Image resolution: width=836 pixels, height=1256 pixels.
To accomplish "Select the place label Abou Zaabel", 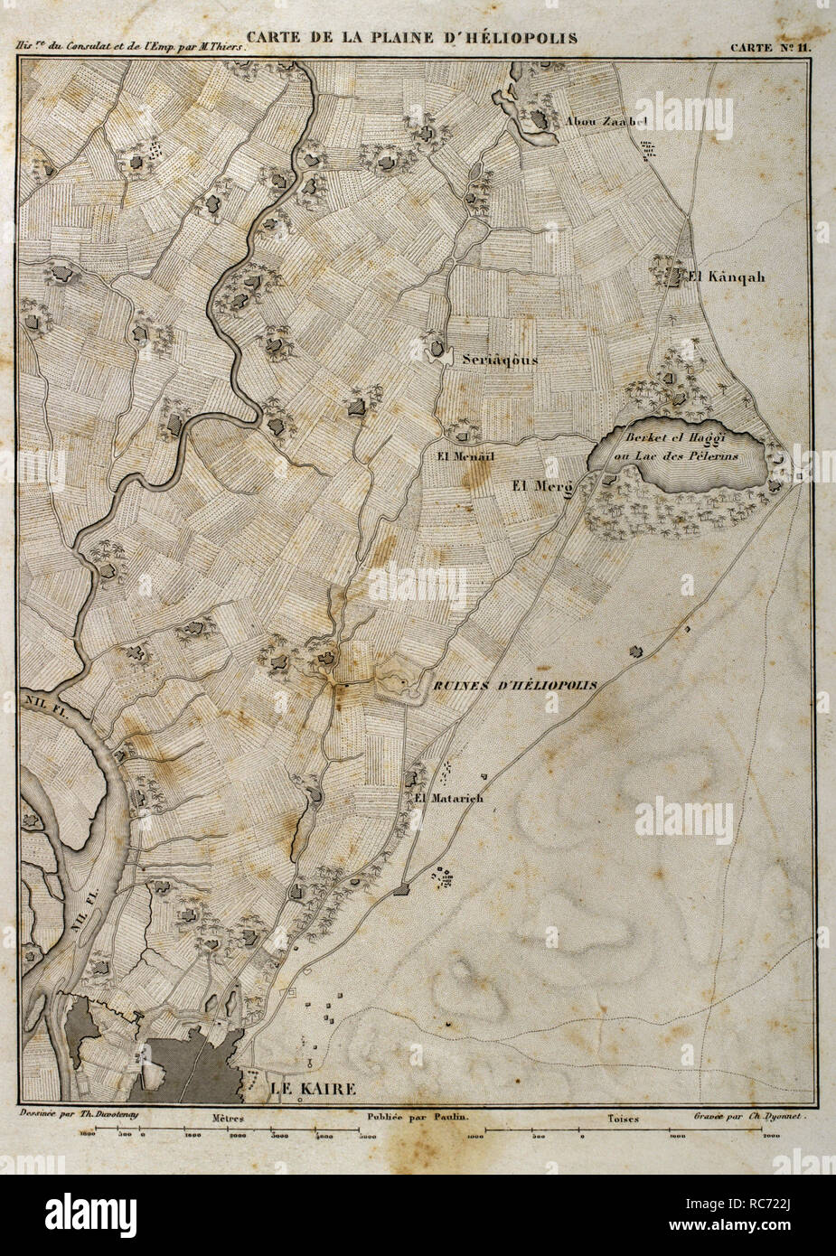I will pos(607,121).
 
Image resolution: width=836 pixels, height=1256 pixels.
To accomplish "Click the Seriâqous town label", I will pos(500,359).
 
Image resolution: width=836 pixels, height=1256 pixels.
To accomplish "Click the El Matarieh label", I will pos(443,798).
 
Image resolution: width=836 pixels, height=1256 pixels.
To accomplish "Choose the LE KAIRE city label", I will pos(315,1089).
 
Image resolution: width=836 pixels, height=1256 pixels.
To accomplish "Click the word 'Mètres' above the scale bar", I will pos(230,1118).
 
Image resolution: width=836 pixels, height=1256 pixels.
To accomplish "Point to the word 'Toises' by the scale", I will pos(623,1118).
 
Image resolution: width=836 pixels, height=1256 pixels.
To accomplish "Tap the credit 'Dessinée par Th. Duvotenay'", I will pos(75,1117).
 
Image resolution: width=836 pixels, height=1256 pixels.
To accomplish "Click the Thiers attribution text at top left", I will pos(130,51).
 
